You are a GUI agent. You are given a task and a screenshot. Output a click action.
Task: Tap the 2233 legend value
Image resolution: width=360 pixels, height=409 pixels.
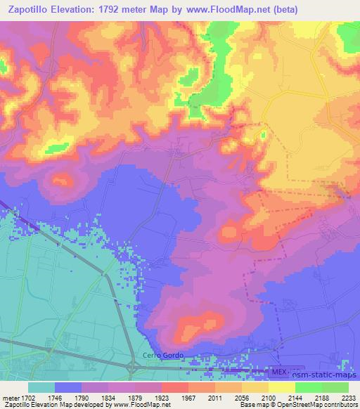pos(349,397)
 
